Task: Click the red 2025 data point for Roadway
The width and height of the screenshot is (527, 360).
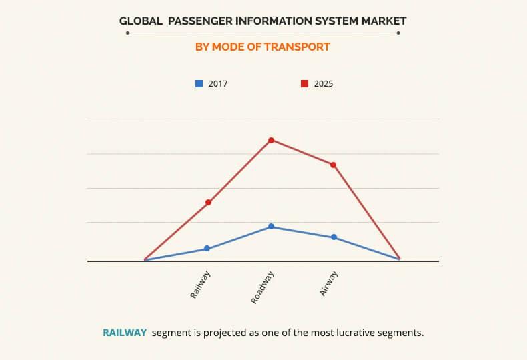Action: (271, 140)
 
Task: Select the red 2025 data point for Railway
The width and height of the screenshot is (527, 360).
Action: (208, 202)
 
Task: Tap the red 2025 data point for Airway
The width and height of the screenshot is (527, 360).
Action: (333, 165)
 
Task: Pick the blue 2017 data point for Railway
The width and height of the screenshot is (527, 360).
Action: (207, 248)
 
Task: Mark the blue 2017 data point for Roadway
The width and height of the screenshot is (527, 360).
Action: (271, 227)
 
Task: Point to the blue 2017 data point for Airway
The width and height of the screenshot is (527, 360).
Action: (334, 237)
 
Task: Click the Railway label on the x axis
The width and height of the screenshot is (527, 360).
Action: (201, 284)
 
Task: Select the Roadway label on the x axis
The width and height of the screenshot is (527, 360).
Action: (263, 287)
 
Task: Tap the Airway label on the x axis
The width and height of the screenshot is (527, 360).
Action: (328, 283)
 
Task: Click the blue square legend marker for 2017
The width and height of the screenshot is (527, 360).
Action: (199, 83)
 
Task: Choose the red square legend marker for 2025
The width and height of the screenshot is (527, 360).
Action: (304, 83)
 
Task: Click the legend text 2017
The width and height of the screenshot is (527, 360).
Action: (218, 84)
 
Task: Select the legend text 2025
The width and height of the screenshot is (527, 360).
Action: (323, 84)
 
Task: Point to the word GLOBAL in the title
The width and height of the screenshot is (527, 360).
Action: (141, 21)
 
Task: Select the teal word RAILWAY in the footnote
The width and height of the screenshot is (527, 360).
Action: (125, 332)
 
